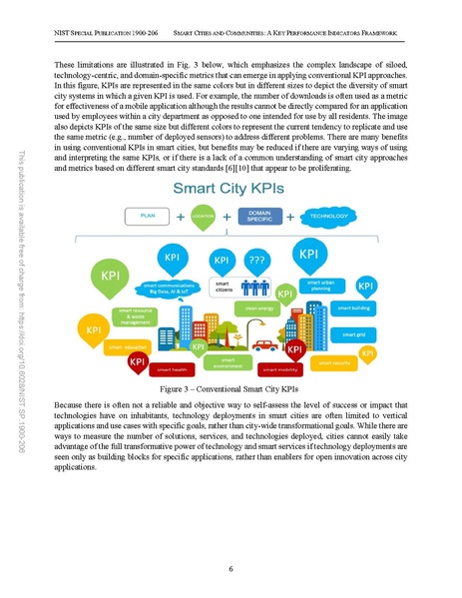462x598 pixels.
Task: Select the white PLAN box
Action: pos(147,216)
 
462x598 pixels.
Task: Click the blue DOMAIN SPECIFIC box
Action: pos(259,216)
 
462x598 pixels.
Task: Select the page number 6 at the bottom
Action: pos(231,568)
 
